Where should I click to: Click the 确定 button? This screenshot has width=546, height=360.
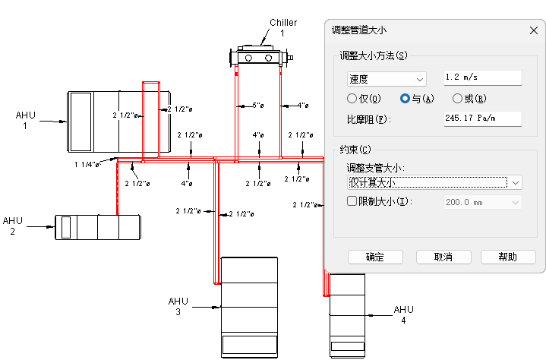pyautogui.click(x=375, y=257)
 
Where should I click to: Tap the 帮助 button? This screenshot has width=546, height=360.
pyautogui.click(x=508, y=257)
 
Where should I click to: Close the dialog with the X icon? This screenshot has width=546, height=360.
pyautogui.click(x=532, y=30)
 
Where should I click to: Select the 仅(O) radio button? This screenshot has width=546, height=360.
pyautogui.click(x=352, y=99)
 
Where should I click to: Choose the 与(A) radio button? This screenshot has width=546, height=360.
pyautogui.click(x=405, y=99)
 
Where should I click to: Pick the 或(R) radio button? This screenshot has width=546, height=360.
pyautogui.click(x=457, y=99)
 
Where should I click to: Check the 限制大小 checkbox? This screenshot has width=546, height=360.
pyautogui.click(x=352, y=201)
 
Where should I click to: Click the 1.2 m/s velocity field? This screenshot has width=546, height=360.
pyautogui.click(x=482, y=77)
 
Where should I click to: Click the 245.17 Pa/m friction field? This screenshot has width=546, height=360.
pyautogui.click(x=482, y=118)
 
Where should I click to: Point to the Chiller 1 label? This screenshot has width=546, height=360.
pyautogui.click(x=282, y=28)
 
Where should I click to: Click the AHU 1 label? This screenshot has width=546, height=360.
pyautogui.click(x=25, y=120)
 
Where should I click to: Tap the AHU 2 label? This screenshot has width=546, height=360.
pyautogui.click(x=13, y=226)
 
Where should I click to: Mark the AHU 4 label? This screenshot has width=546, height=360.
pyautogui.click(x=403, y=315)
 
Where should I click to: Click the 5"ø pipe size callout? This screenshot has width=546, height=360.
pyautogui.click(x=258, y=105)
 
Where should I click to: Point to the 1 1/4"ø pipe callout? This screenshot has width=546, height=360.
pyautogui.click(x=87, y=164)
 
